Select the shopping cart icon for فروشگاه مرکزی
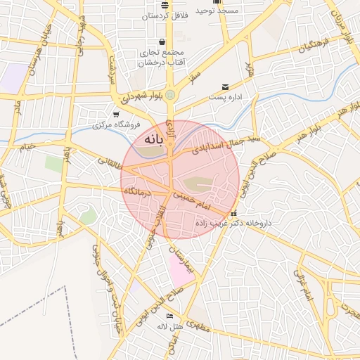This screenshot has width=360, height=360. (116, 115)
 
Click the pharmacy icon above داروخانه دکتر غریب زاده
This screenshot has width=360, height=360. (233, 213)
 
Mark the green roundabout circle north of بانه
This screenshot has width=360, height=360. (170, 95)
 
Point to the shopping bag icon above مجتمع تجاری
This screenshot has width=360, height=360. (163, 41)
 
